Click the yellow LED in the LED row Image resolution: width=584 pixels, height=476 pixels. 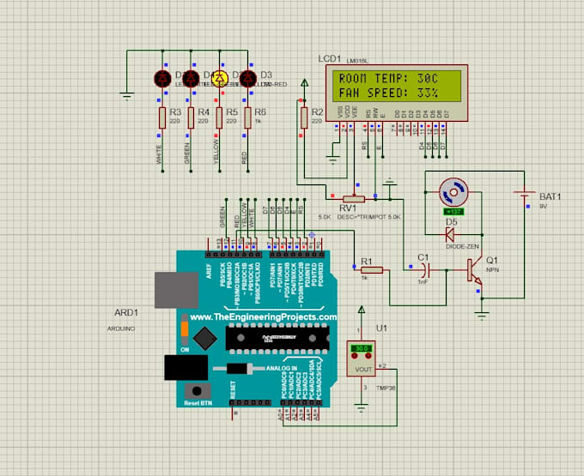(219, 79)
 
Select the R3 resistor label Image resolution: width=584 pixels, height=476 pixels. (175, 112)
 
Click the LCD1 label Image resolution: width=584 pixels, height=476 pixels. (329, 57)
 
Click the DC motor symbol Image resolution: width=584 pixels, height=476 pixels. (452, 192)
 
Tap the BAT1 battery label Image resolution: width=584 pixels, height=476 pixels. (551, 196)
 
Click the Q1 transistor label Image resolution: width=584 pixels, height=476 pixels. (491, 261)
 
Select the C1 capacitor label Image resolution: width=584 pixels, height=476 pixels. (422, 257)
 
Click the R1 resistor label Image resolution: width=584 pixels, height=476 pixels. (366, 261)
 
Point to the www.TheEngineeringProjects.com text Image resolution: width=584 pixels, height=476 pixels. (263, 317)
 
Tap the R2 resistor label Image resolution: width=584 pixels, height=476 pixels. (317, 112)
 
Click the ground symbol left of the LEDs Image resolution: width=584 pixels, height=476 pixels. (127, 94)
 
